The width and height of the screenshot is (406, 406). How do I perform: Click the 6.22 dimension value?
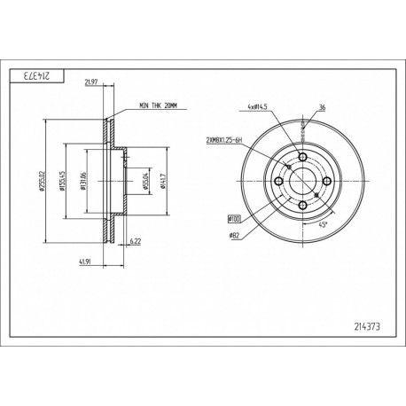136,240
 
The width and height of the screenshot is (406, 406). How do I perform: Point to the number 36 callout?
321,109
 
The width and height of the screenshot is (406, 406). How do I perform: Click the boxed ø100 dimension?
234,216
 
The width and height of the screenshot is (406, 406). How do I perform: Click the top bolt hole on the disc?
301,158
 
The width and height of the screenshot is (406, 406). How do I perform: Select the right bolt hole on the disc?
324,182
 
